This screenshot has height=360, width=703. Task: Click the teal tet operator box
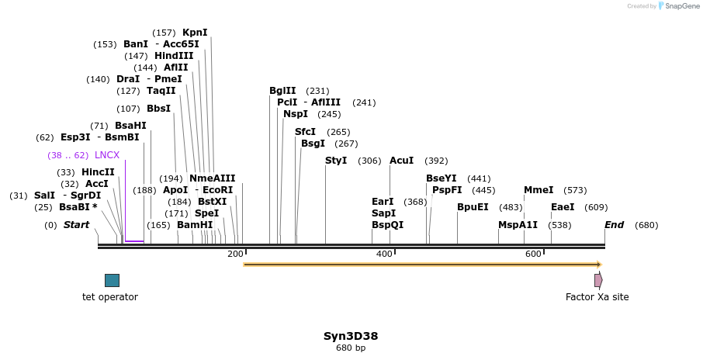pyautogui.click(x=112, y=280)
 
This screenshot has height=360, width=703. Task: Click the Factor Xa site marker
pyautogui.click(x=597, y=280)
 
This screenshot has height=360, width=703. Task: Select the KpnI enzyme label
pyautogui.click(x=195, y=33)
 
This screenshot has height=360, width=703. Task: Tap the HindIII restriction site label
pyautogui.click(x=174, y=56)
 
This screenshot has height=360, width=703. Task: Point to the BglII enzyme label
pyautogui.click(x=282, y=91)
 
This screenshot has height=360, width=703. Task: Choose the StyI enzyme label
pyautogui.click(x=336, y=161)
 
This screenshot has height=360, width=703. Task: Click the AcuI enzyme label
pyautogui.click(x=401, y=161)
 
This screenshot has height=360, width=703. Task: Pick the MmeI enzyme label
pyautogui.click(x=539, y=190)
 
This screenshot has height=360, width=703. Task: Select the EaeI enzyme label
pyautogui.click(x=563, y=207)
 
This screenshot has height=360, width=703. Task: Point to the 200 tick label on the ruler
pyautogui.click(x=235, y=254)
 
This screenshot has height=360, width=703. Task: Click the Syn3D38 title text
pyautogui.click(x=351, y=336)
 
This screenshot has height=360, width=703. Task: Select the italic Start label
pyautogui.click(x=76, y=225)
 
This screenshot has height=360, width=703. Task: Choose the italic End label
pyautogui.click(x=614, y=225)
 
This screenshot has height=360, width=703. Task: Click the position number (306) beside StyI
pyautogui.click(x=369, y=161)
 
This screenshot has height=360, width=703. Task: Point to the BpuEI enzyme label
pyautogui.click(x=473, y=207)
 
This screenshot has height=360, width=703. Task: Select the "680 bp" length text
pyautogui.click(x=351, y=348)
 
